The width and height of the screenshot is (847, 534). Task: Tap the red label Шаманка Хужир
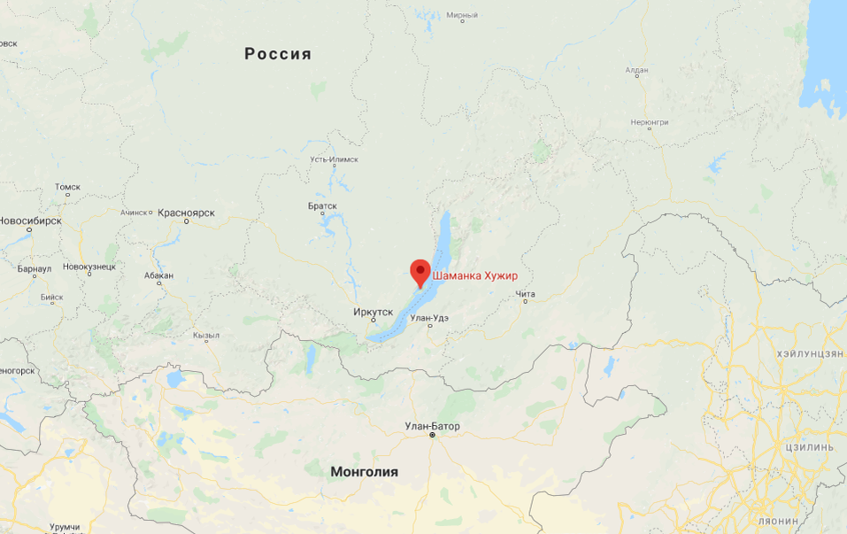475,276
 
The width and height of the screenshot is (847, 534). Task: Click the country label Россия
278,54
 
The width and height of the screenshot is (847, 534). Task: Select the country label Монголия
364,472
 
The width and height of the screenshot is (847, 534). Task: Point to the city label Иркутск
373,312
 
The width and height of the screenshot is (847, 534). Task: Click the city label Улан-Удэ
430,318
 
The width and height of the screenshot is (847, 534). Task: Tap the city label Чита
526,294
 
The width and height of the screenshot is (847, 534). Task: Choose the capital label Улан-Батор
432,426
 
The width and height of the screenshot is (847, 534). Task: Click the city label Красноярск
187,213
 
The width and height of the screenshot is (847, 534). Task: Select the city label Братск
322,206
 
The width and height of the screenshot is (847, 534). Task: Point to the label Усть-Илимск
334,159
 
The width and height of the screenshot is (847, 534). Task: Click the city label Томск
67,187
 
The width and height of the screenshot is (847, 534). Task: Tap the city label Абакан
158,275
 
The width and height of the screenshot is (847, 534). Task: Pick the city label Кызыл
206,336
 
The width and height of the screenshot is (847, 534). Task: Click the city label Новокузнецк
89,267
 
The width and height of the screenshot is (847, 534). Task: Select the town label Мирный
462,15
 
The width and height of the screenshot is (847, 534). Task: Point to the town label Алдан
636,70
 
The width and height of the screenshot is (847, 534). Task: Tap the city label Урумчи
65,527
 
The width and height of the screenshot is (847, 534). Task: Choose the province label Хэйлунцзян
810,353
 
